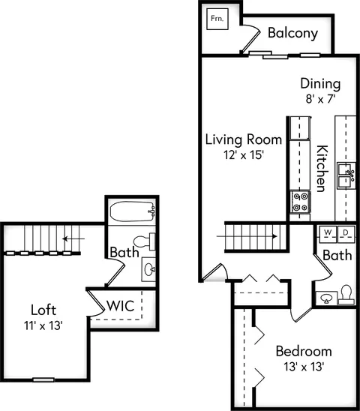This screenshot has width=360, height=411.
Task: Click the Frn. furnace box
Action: point(217,19)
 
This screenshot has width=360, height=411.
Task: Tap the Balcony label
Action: point(293,33)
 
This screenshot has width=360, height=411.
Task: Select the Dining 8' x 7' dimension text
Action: point(321,99)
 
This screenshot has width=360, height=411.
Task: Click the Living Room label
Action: point(244,139)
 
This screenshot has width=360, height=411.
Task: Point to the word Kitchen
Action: point(322,169)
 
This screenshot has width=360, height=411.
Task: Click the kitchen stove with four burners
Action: point(301,202)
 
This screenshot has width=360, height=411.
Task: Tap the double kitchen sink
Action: point(346,175)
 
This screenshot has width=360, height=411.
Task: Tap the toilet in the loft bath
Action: point(144,241)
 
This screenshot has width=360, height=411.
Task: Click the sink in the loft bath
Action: point(149,269)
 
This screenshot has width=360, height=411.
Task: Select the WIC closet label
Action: point(121,306)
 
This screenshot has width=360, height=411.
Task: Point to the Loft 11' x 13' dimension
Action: point(43,325)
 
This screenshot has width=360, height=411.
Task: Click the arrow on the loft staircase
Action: point(73,238)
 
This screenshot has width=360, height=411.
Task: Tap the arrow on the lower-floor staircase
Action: point(247,236)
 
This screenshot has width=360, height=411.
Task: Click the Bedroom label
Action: point(304,351)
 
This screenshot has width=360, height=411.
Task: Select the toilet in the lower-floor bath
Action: point(346,295)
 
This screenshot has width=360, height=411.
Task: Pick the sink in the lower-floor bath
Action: point(326,298)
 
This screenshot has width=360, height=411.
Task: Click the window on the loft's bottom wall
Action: point(43,379)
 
